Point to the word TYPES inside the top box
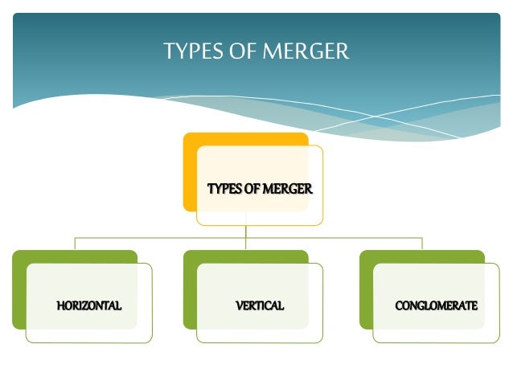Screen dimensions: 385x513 pos(223,190)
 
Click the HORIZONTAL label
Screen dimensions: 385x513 pos(89,305)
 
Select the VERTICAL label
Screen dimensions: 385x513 pos(260,305)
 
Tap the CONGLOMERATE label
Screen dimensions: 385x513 pos(437,305)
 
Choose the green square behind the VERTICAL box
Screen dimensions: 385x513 pos(190,289)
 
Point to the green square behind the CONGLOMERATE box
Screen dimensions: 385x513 pos(366,289)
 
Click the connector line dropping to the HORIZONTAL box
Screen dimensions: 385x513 pos(75,244)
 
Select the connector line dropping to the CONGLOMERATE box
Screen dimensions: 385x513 pos(422,244)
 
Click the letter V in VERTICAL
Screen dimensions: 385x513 pos(239,305)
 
